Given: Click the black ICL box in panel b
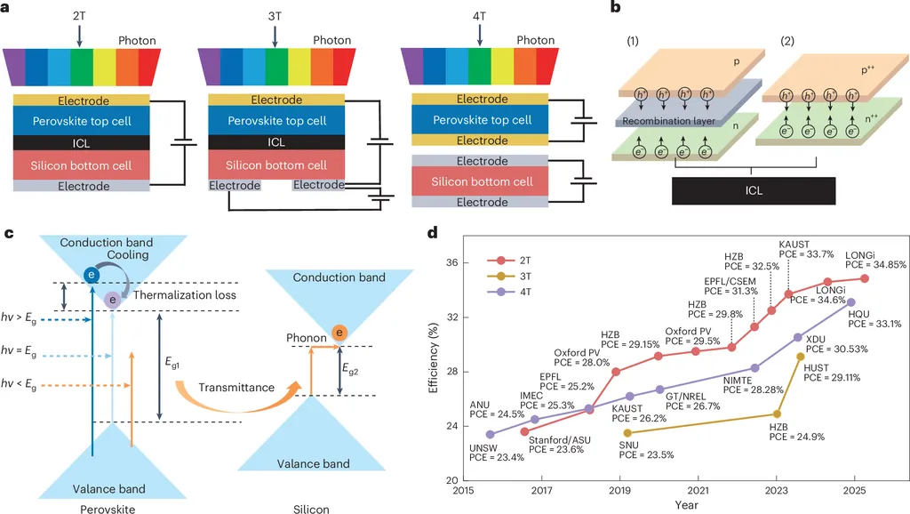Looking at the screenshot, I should pyautogui.click(x=754, y=189).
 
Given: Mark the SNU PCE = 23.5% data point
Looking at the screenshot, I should pyautogui.click(x=627, y=433).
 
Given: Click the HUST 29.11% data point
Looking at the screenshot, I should pyautogui.click(x=802, y=357).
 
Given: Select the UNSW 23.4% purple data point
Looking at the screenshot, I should pyautogui.click(x=491, y=435).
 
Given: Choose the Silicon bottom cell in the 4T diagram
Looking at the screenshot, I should pyautogui.click(x=482, y=181).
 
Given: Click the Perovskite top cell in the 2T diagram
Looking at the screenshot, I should pyautogui.click(x=84, y=121).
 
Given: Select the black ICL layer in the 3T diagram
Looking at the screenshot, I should pyautogui.click(x=276, y=142).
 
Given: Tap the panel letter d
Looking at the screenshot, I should pyautogui.click(x=433, y=234).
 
